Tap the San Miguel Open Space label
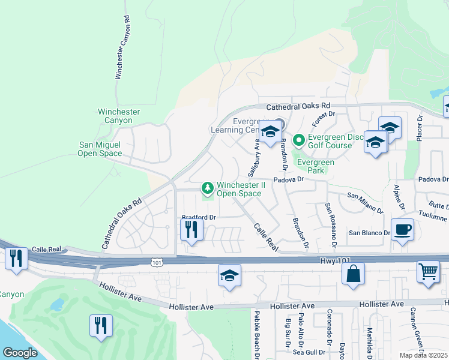click(100, 149)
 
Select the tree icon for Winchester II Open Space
click(208, 188)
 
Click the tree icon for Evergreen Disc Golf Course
click(299, 140)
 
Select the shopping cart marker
click(429, 271)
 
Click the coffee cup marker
click(402, 229)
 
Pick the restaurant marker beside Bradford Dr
click(191, 229)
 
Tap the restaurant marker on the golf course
click(101, 325)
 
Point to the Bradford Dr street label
click(198, 217)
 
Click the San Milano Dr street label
click(365, 202)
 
